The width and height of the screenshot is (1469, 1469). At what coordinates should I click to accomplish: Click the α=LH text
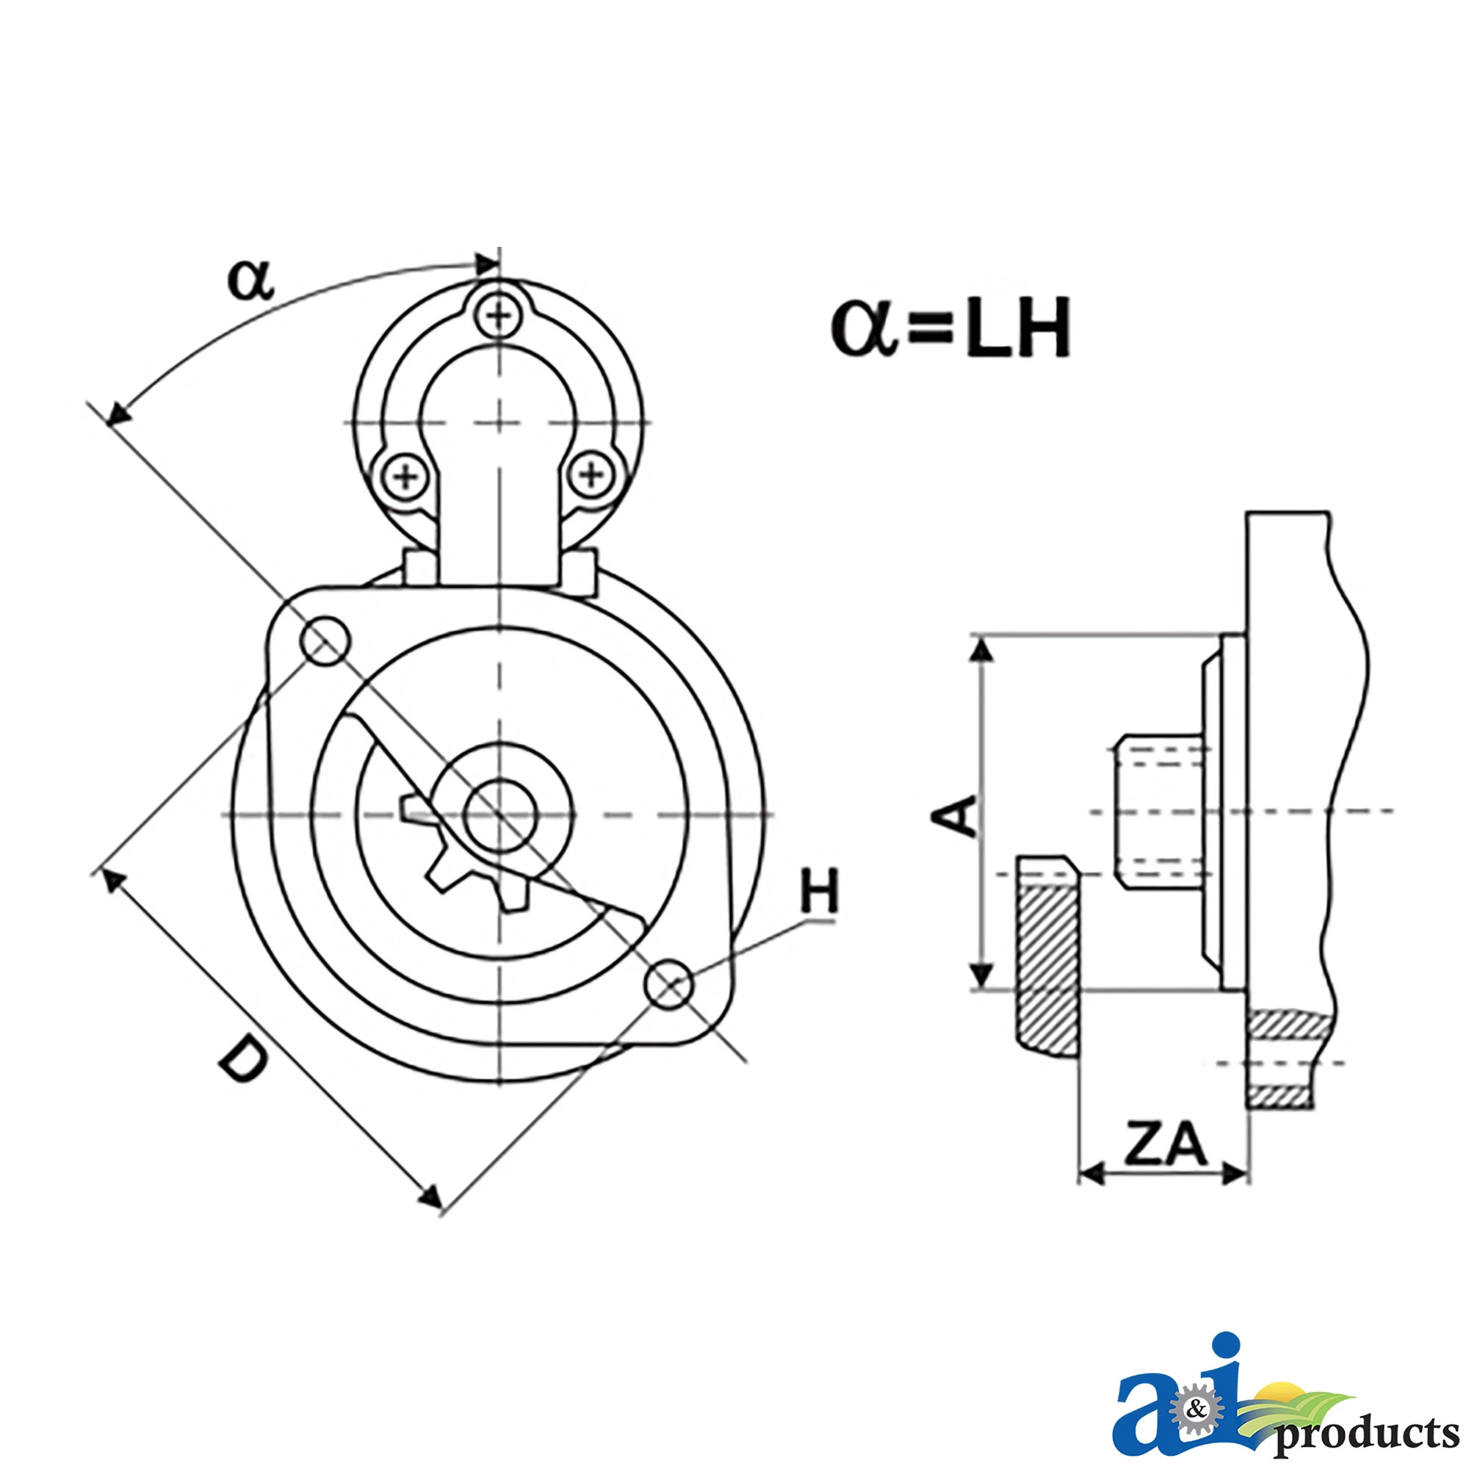point(950,328)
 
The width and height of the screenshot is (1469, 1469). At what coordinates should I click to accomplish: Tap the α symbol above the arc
point(250,280)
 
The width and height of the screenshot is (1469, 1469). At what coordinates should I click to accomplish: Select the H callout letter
point(819,890)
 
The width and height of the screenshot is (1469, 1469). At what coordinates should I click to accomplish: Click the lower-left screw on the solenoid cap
point(405,477)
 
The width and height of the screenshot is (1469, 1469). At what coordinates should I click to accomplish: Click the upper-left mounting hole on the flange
point(325,641)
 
